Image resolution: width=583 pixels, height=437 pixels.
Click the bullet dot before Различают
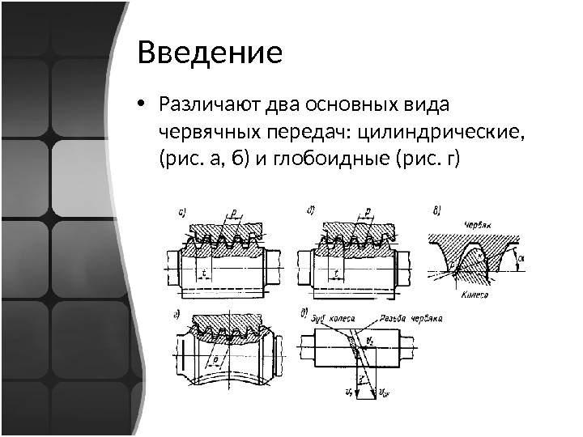(142, 105)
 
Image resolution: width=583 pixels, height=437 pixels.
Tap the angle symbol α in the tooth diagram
(521, 257)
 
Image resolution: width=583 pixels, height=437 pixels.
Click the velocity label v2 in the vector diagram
(369, 340)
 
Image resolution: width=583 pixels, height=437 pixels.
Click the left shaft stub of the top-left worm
(170, 263)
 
